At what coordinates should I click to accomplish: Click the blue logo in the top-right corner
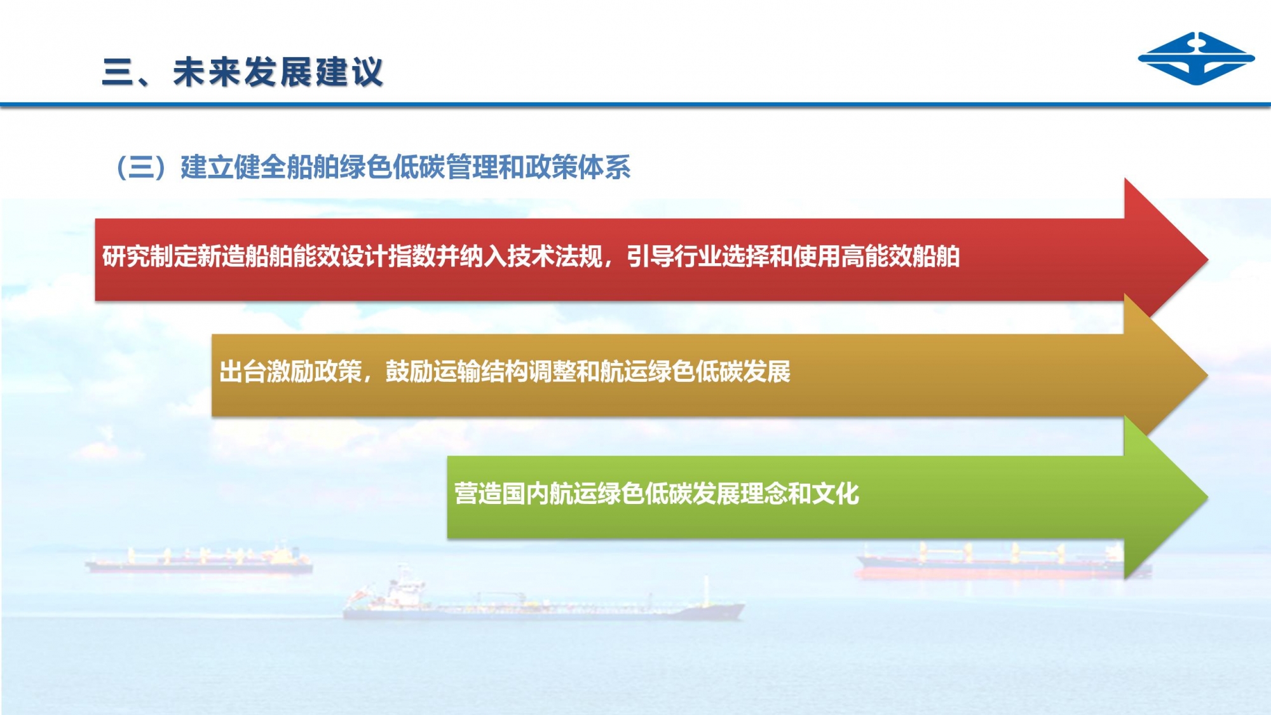pyautogui.click(x=1196, y=58)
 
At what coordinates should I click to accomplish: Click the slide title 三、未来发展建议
pyautogui.click(x=243, y=72)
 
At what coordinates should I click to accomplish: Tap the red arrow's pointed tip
pyautogui.click(x=1207, y=259)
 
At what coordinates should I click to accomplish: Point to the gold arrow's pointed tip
pyautogui.click(x=1207, y=375)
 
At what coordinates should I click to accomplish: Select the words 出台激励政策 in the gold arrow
pyautogui.click(x=290, y=372)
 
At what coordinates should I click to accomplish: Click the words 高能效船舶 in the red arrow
pyautogui.click(x=901, y=256)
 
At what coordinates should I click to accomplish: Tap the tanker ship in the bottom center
pyautogui.click(x=543, y=597)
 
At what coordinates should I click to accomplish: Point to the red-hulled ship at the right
pyautogui.click(x=1003, y=561)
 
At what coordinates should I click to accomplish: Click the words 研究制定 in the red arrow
pyautogui.click(x=150, y=256)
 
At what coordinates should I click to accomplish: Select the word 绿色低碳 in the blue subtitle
pyautogui.click(x=392, y=167)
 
